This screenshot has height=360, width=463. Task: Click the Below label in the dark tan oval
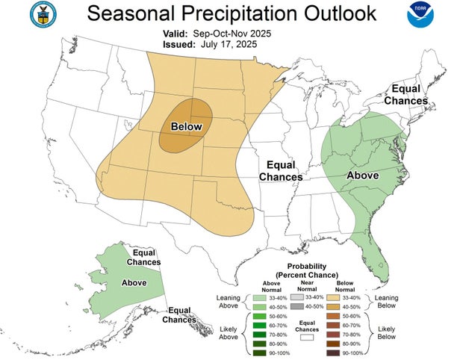[186, 126]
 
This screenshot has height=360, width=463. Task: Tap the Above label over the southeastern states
[363, 176]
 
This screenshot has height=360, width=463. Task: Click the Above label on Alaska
[134, 283]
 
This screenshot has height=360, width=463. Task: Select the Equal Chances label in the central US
[280, 171]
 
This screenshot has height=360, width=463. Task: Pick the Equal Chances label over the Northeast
[405, 95]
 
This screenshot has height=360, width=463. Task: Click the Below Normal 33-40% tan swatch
[334, 297]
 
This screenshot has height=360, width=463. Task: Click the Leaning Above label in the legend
[229, 301]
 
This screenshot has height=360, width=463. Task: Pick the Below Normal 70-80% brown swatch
[334, 335]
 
